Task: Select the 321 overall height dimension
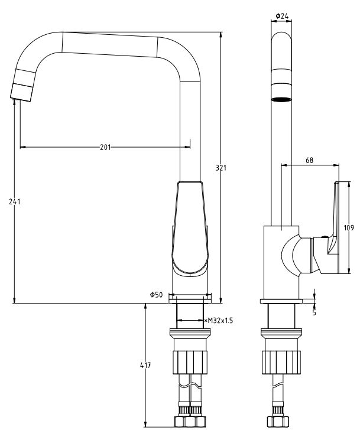[221, 168]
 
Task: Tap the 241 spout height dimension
[15, 202]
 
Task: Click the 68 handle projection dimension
[310, 160]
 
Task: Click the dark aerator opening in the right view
[281, 98]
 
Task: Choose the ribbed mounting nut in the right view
[281, 360]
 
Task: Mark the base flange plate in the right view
[281, 302]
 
